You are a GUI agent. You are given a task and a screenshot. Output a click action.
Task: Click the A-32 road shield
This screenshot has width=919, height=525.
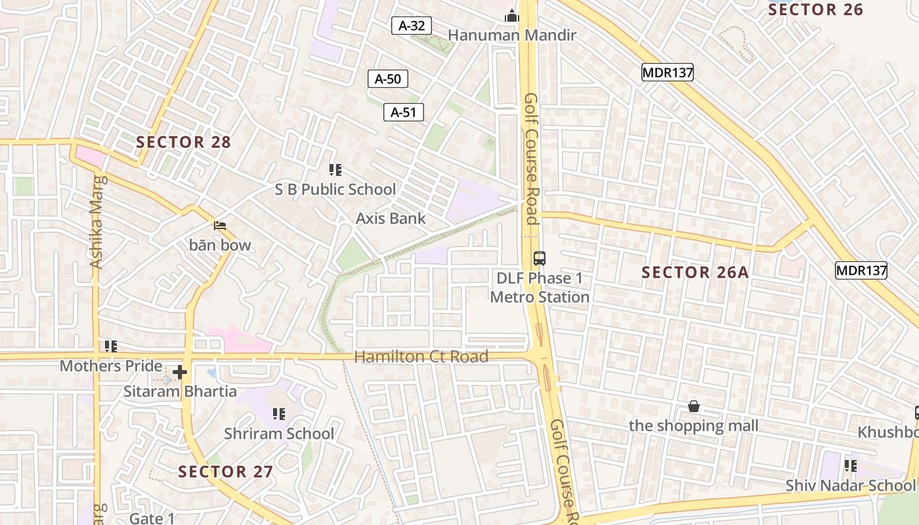pos(412,26)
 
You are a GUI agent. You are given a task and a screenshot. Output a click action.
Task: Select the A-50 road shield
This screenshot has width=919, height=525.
pos(387,79)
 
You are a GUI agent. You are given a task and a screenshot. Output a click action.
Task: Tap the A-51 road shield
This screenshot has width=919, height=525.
pos(403,112)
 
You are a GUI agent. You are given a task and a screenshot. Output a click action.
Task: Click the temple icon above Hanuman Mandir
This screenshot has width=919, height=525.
pos(512,16)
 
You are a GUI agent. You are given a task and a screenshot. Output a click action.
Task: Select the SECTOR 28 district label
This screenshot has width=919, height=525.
pos(184,142)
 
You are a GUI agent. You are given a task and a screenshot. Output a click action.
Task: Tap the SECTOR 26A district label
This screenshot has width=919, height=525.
pos(695,272)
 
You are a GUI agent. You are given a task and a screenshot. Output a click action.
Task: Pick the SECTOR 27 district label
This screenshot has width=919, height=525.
pos(226,471)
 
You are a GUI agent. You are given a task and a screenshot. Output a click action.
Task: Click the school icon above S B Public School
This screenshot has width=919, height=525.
pos(335,171)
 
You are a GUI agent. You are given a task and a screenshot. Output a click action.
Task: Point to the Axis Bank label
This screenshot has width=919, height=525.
pos(391,219)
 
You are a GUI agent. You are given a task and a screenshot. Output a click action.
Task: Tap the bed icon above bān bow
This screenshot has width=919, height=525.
pos(221,226)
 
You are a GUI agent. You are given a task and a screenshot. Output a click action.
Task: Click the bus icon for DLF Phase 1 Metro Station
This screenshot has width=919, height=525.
pos(540,259)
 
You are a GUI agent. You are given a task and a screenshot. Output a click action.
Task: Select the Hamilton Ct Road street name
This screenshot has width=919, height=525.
pos(421,357)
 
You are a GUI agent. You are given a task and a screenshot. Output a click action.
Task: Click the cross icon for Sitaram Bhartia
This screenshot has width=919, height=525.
pos(180,373)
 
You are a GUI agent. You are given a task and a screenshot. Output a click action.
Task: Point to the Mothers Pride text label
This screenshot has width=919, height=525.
pos(111,366)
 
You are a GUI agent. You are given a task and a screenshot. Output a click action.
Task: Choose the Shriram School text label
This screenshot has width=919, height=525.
pos(279,434)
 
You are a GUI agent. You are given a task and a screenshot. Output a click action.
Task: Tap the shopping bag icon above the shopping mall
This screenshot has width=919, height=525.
pos(694,407)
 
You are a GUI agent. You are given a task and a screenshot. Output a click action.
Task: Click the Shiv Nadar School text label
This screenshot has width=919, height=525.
pos(850,486)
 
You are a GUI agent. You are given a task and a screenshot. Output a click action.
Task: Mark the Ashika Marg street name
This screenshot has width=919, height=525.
pos(97,222)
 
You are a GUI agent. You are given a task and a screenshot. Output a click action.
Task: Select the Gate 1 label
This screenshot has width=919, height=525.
pos(152,518)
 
